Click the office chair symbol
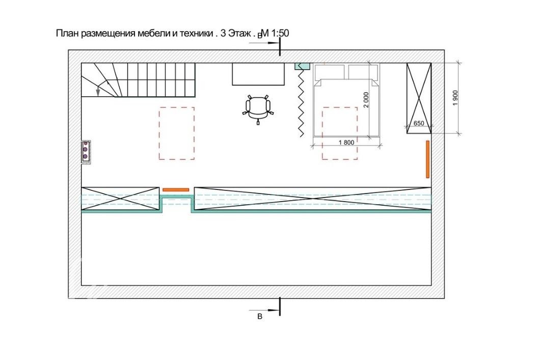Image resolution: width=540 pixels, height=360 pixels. coord(258,109)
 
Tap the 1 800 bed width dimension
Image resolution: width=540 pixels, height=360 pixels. coord(346,142)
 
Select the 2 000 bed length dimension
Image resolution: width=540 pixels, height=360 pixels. coord(366,100)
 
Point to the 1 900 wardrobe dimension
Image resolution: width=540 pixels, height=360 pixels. coord(455,98)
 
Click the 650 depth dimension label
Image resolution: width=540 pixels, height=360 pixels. coord(418,123)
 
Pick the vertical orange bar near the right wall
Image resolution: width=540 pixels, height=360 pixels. coord(428,159)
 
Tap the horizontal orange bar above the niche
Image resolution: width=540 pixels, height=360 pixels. coord(176,189)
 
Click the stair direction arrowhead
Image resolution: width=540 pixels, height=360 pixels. coord(98,92)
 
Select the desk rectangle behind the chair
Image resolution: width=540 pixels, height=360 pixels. coord(258,74)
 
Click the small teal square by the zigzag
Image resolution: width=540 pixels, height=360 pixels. coord(303,66)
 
